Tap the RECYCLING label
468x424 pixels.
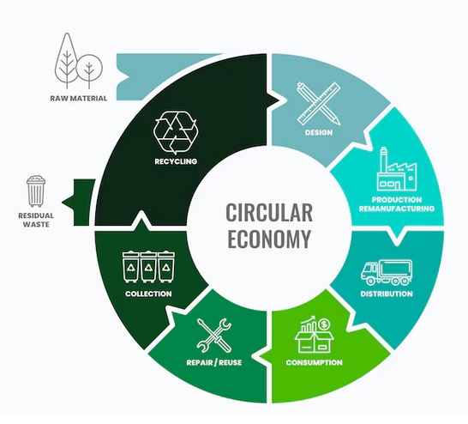click(176, 161)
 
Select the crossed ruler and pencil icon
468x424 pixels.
click(319, 104)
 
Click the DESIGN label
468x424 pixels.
click(319, 132)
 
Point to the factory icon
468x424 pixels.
click(397, 169)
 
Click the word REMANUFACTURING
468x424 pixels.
click(397, 209)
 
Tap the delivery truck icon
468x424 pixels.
click(387, 272)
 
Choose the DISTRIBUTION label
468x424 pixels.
click(387, 294)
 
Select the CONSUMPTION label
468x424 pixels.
click(314, 362)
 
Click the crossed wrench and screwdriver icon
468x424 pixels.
click(214, 336)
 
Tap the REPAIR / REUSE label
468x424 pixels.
click(214, 362)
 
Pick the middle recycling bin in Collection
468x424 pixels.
click(148, 267)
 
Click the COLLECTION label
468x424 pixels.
click(148, 294)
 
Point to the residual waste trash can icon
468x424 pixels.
click(36, 191)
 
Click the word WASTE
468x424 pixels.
click(36, 224)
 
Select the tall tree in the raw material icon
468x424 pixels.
click(67, 60)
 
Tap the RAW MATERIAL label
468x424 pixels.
click(79, 98)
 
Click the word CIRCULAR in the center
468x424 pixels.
click(269, 213)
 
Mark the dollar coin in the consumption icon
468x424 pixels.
click(324, 324)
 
